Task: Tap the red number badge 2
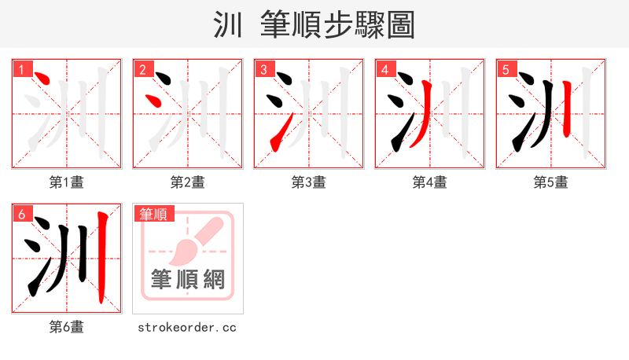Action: tap(142, 69)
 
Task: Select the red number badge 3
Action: tap(263, 69)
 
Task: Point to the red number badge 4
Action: tap(384, 69)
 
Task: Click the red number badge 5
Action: tap(506, 69)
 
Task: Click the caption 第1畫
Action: tap(67, 182)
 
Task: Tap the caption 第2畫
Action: tap(188, 182)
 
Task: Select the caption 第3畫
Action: tap(309, 182)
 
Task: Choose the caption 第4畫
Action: tap(430, 182)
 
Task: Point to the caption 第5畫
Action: tap(551, 182)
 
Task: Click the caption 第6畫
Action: tap(67, 327)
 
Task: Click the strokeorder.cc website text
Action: tap(188, 327)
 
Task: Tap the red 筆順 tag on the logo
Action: tap(154, 214)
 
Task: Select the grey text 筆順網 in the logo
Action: tap(188, 279)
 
